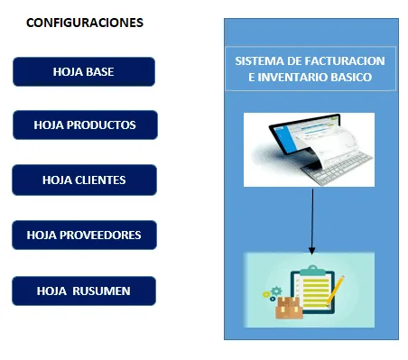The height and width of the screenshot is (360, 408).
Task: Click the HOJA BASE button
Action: tap(84, 72)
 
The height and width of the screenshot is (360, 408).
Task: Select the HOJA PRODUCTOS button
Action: tap(85, 125)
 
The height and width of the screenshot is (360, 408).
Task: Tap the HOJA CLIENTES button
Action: tap(84, 180)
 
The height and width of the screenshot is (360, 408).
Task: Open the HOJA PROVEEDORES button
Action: tap(84, 235)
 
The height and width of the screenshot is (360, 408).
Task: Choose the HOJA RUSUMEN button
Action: tap(84, 291)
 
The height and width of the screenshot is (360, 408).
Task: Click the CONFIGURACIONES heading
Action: tap(85, 23)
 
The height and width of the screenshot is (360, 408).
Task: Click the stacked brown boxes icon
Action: tap(289, 307)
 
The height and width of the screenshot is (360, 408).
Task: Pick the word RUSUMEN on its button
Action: tap(101, 291)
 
